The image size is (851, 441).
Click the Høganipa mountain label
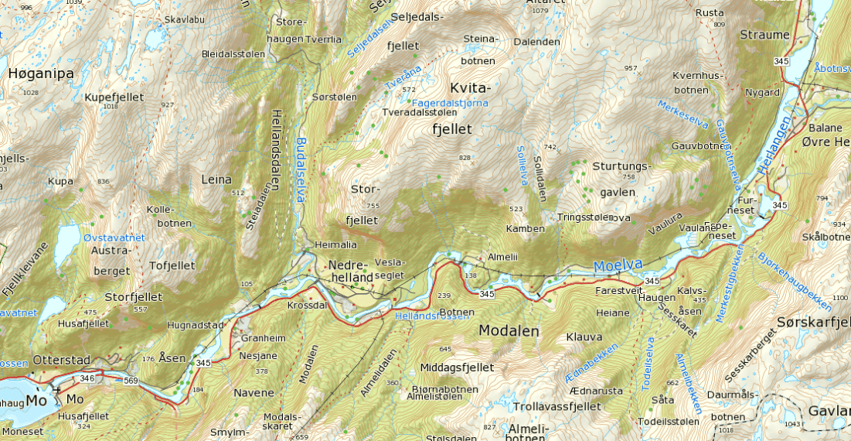[x=41, y=73]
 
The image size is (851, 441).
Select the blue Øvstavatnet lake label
[x=115, y=238]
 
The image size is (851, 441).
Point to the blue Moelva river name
[x=618, y=265]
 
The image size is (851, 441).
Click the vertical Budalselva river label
[x=301, y=170]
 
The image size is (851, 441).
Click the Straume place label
[x=764, y=35]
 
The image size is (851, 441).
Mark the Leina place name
[x=216, y=179]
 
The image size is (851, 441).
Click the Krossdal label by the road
[x=307, y=306]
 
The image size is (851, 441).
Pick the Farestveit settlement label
[x=619, y=291]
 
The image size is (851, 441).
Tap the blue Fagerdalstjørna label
[x=451, y=102]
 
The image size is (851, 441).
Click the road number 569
[x=130, y=380]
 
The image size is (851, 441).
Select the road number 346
[x=87, y=378]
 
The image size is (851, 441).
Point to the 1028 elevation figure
[x=31, y=93]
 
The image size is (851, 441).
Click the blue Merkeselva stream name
[x=683, y=117]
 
